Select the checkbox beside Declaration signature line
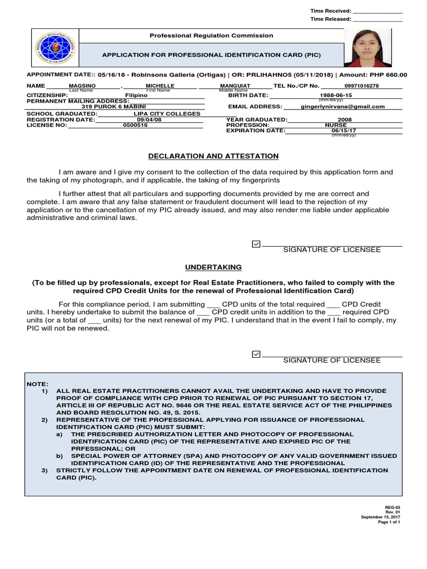point(256,244)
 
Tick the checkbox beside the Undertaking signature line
point(256,354)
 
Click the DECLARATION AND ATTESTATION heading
point(213,157)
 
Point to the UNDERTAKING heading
point(213,267)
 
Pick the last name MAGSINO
point(82,86)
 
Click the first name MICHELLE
point(160,86)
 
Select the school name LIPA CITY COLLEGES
point(167,114)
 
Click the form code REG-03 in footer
point(393,507)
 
